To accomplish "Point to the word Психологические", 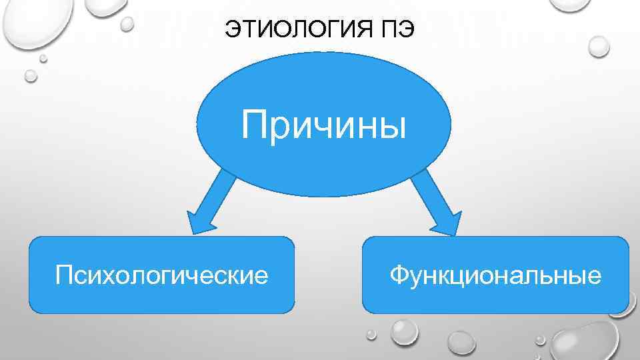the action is [x=162, y=274].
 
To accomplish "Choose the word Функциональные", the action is [x=495, y=274].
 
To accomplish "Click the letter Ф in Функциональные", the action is [x=399, y=274].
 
